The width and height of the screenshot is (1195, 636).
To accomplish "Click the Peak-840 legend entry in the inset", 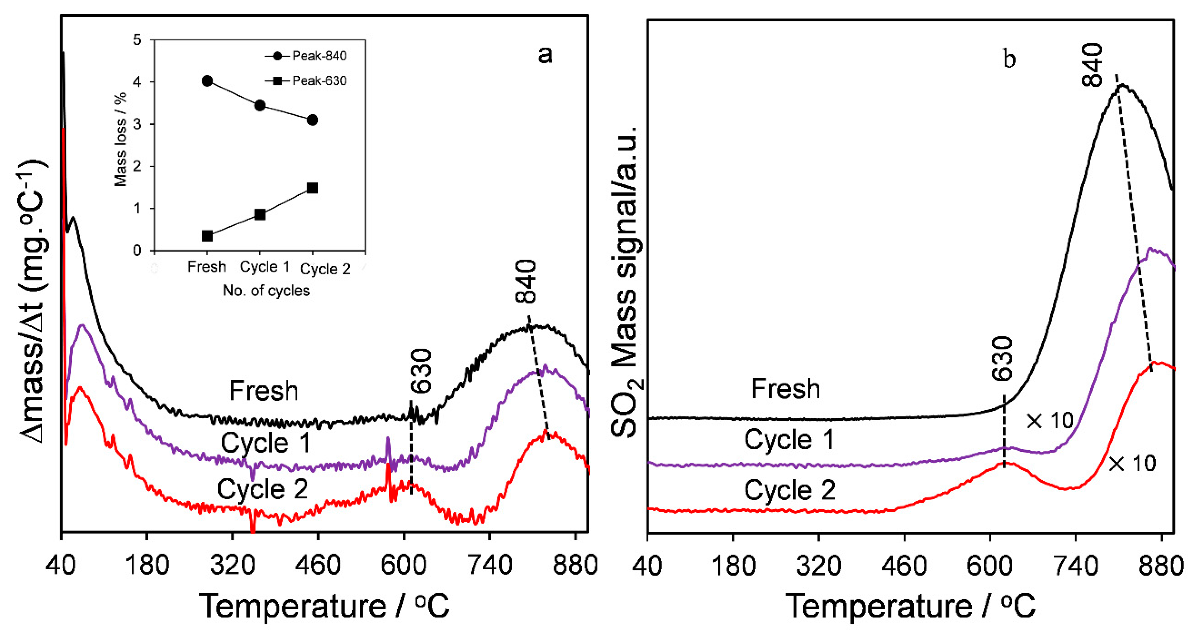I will [306, 56].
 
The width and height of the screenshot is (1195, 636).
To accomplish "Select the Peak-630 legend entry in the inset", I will [306, 81].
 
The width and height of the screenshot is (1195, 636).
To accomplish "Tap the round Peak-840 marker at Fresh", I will [208, 81].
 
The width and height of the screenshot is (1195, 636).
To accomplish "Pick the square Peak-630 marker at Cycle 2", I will [313, 188].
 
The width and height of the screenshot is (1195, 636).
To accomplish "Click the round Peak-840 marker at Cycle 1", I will [260, 106].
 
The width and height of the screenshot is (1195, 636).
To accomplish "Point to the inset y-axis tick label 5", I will [137, 40].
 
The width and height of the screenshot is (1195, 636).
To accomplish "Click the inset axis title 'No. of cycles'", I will [266, 291].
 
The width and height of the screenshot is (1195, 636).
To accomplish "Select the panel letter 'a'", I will [545, 55].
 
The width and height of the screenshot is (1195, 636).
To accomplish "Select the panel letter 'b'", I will [1010, 59].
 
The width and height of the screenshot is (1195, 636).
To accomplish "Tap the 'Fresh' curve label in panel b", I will [785, 389].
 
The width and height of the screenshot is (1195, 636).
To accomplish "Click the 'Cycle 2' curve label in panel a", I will [262, 489].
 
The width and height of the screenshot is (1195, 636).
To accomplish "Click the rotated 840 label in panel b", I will [1092, 65].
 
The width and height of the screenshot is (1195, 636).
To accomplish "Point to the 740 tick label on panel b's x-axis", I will [1075, 566].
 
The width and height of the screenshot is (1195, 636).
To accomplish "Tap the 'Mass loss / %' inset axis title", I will [121, 139].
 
